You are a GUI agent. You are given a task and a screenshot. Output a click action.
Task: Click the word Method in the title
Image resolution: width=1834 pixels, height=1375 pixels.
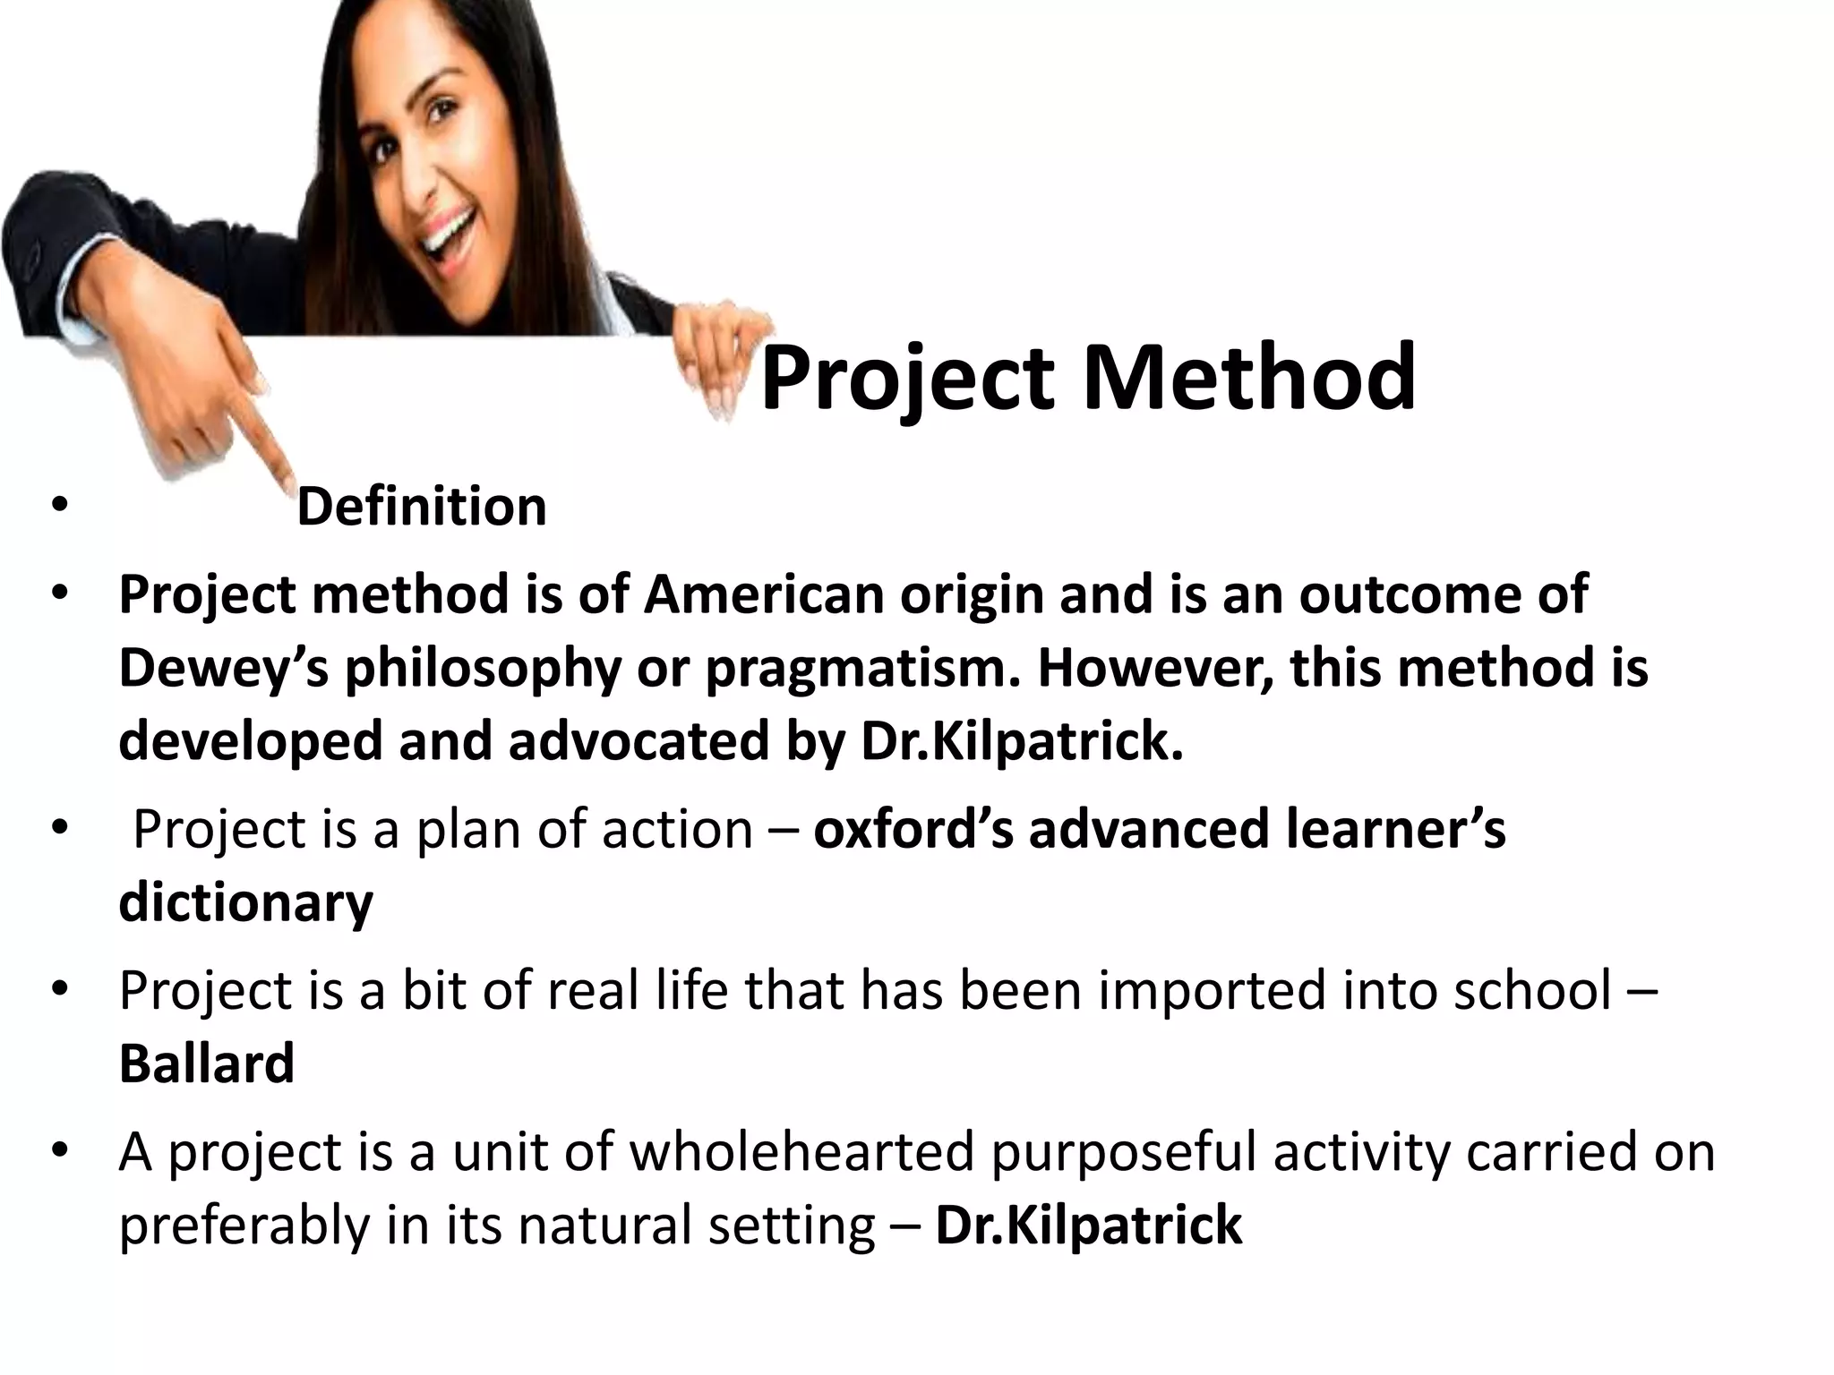point(1250,380)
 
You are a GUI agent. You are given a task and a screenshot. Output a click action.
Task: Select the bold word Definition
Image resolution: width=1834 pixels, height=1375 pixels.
point(421,507)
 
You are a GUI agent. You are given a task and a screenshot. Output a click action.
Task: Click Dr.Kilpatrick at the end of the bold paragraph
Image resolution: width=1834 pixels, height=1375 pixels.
point(1021,741)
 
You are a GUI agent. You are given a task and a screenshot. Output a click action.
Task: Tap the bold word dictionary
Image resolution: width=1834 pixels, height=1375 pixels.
point(245,902)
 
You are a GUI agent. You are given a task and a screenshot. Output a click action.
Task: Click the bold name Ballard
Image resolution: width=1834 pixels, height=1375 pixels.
point(206,1063)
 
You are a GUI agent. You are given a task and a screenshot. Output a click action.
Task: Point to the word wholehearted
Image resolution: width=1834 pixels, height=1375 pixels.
point(801,1151)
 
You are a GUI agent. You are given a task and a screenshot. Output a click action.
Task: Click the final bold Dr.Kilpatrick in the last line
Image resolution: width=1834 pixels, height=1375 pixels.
point(1088,1225)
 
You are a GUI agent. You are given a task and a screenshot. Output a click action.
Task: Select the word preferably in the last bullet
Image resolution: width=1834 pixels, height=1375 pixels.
point(244,1226)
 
